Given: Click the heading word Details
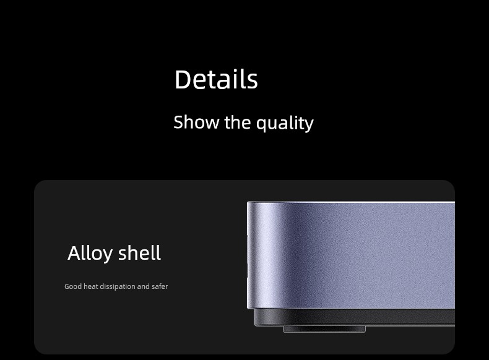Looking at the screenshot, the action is point(216,79).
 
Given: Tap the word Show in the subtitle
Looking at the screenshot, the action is point(196,122).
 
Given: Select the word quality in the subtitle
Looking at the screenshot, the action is point(285,124).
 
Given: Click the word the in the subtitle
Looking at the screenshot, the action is point(237,122).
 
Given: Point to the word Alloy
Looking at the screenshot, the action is point(90,254).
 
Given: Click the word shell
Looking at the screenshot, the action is point(139,252).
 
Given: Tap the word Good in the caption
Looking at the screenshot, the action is point(73,286).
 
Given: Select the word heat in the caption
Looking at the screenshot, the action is point(91,286).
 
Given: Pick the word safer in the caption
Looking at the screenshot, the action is point(160,286).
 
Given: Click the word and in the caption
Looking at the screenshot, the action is point(144,286).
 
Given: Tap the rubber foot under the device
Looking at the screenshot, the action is point(324,329).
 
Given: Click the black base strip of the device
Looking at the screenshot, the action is point(354,317).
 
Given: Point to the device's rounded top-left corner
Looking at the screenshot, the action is point(249,204).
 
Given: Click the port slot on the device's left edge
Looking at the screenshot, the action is point(248,256).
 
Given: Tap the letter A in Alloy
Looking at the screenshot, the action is point(74,254).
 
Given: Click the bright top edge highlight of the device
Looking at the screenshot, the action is point(352,202).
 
